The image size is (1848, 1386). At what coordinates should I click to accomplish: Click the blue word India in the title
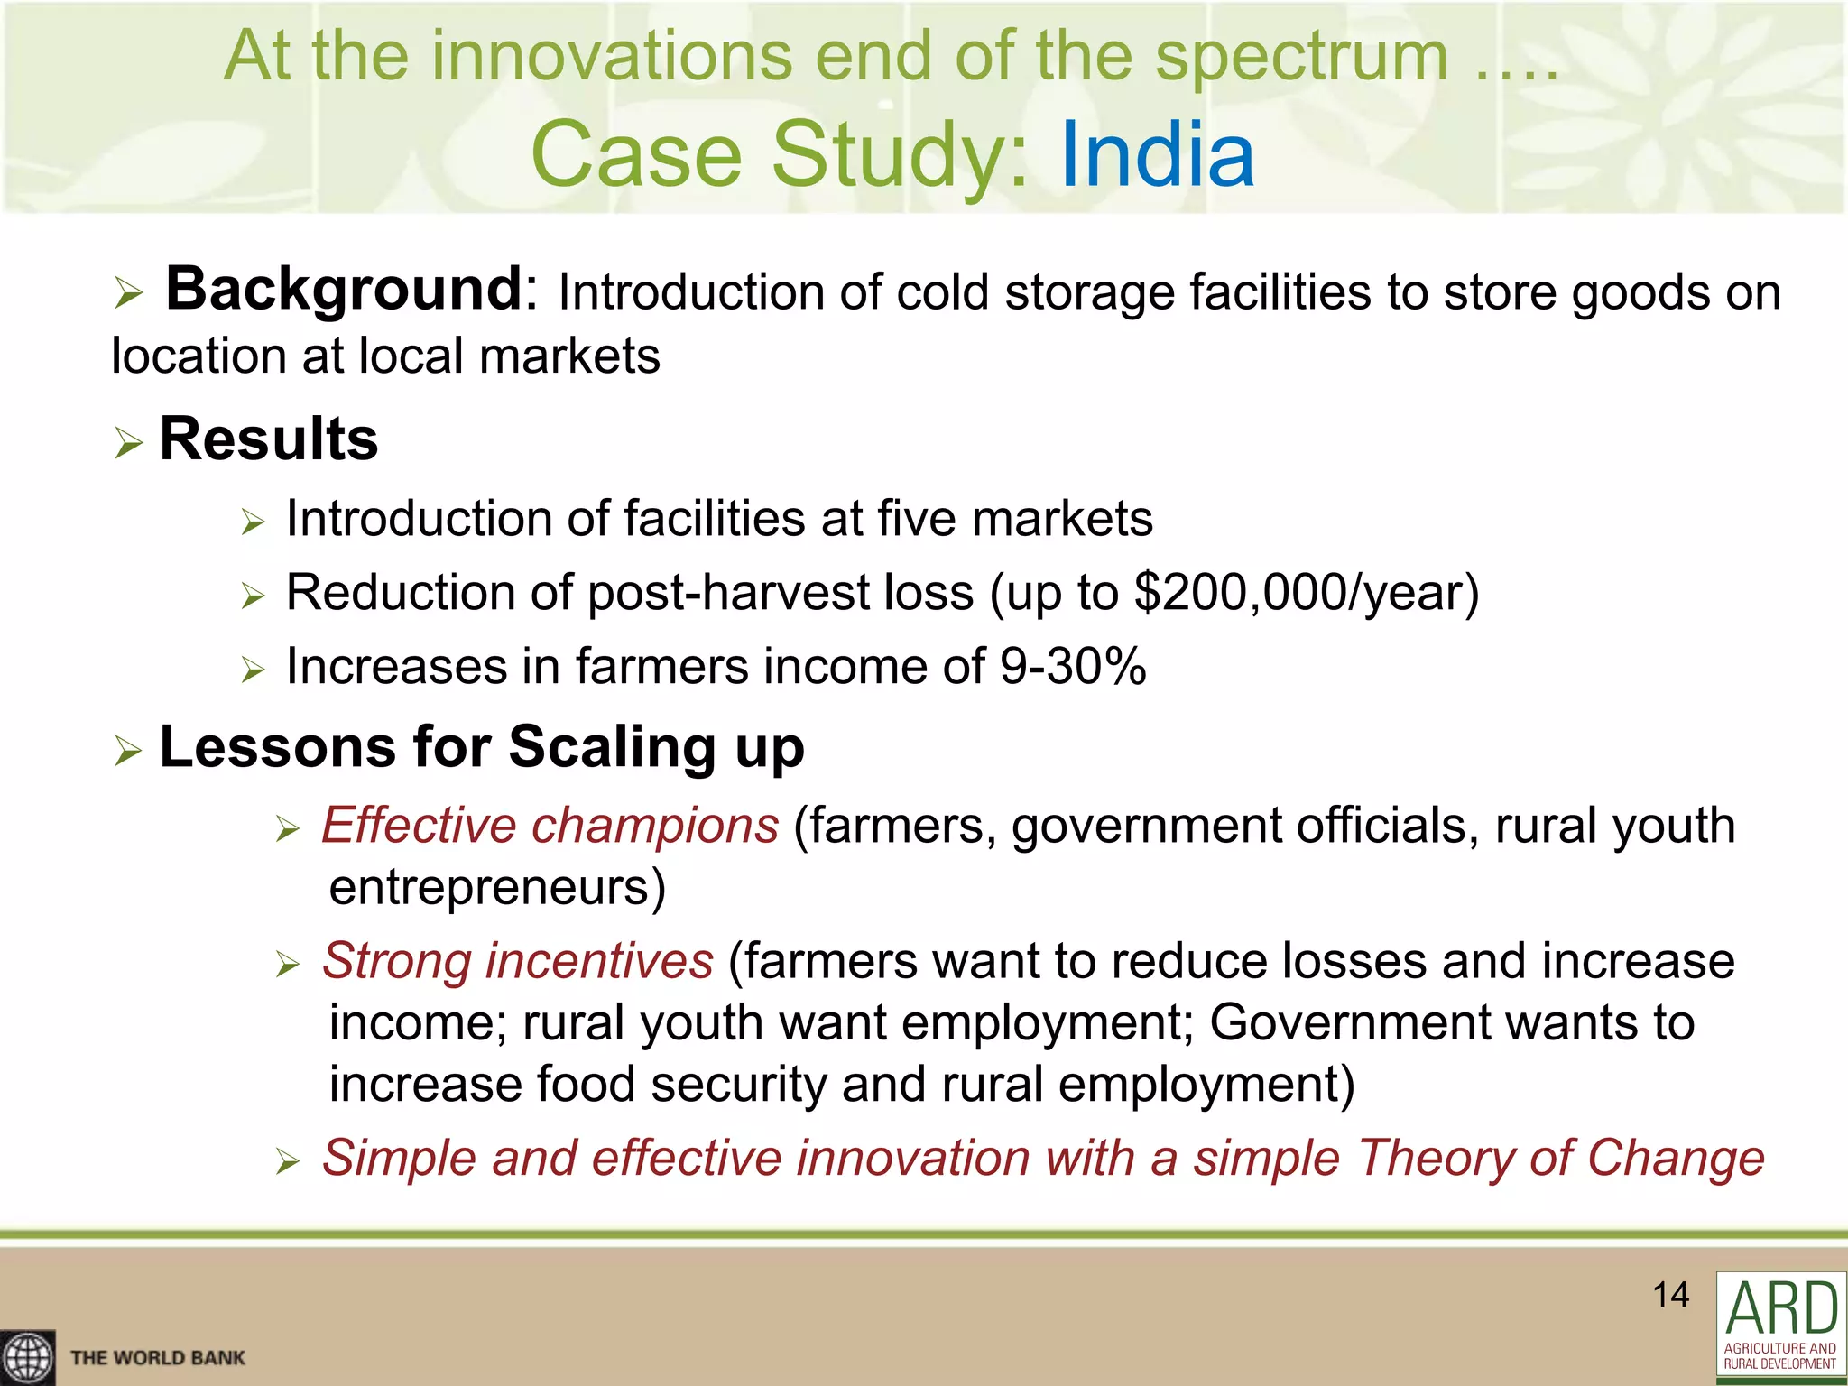(x=1158, y=155)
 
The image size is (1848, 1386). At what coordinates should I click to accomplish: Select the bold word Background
(x=344, y=289)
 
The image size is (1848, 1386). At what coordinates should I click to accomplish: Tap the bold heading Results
(x=269, y=439)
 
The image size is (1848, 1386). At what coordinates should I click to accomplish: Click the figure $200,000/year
(x=1307, y=593)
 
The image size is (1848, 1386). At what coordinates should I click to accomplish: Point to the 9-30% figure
(x=1073, y=667)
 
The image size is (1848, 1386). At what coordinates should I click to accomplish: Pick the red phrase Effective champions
(x=550, y=825)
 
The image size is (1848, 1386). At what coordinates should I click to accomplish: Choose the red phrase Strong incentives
(x=518, y=960)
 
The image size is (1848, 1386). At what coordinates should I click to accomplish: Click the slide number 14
(x=1670, y=1295)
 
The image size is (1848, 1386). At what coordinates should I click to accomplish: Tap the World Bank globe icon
(x=26, y=1357)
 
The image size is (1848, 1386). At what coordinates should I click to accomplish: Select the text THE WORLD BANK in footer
(x=158, y=1358)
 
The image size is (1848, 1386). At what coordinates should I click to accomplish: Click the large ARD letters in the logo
(x=1781, y=1308)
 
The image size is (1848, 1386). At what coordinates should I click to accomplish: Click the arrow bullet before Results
(x=128, y=443)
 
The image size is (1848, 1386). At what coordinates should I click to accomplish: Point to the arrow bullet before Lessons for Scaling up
(x=128, y=751)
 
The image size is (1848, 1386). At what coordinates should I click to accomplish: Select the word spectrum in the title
(x=1301, y=56)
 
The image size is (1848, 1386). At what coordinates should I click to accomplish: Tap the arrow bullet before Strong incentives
(x=287, y=965)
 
